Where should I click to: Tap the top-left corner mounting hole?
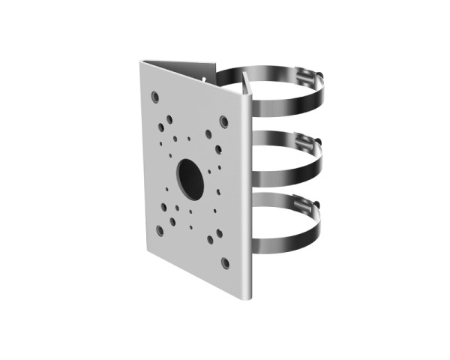click(x=154, y=97)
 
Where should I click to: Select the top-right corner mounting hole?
click(x=223, y=120)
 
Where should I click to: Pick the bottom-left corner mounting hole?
click(x=159, y=231)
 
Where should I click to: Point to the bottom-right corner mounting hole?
click(x=225, y=262)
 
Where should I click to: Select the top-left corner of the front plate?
click(x=140, y=64)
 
